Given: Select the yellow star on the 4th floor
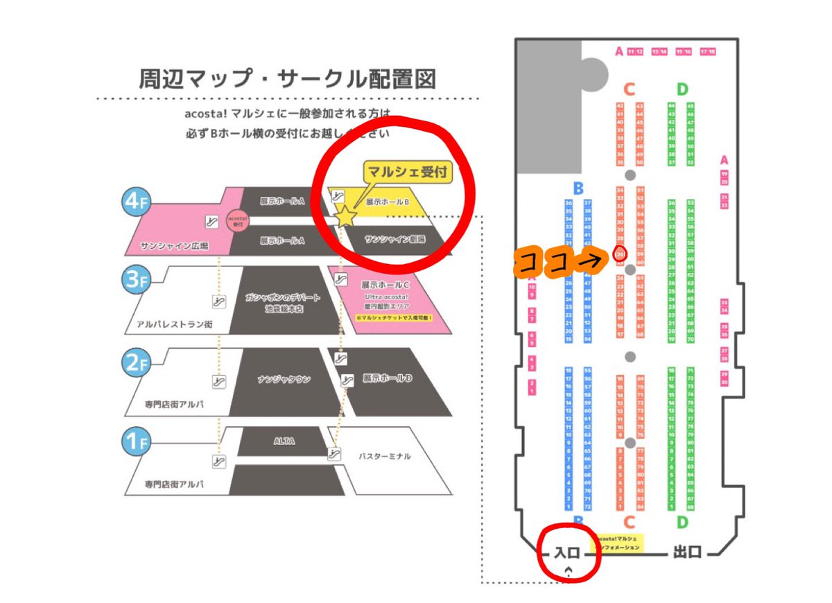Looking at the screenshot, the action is [x=345, y=217].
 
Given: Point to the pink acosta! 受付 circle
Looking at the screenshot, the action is [x=238, y=220].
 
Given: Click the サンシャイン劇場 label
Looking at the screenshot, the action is [x=395, y=238].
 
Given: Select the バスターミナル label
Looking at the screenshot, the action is [x=385, y=456].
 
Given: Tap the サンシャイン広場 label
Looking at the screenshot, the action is [x=164, y=245].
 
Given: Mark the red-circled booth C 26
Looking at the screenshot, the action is [x=620, y=255].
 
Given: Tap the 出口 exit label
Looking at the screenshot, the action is [x=687, y=552].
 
